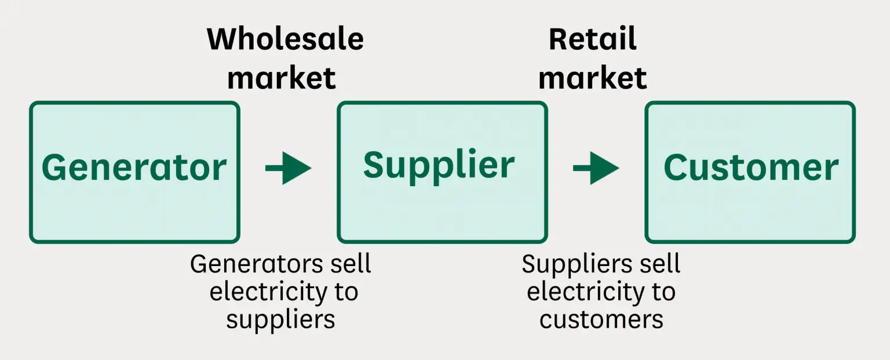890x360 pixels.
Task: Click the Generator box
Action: click(x=134, y=172)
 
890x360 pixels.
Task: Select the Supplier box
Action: click(x=442, y=172)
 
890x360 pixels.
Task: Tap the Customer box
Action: click(x=750, y=172)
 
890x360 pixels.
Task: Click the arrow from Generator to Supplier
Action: click(x=288, y=168)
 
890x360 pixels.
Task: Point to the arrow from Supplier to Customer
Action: click(x=596, y=168)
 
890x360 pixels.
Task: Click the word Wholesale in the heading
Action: click(x=285, y=39)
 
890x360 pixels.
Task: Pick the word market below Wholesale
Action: click(x=282, y=78)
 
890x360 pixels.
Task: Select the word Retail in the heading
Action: click(x=592, y=39)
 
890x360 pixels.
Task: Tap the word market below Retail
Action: click(x=592, y=78)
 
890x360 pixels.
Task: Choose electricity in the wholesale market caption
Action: click(x=264, y=291)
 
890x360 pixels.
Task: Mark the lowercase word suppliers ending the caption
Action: click(x=280, y=319)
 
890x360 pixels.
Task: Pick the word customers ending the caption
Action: click(x=601, y=319)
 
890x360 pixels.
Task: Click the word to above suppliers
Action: click(x=345, y=291)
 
